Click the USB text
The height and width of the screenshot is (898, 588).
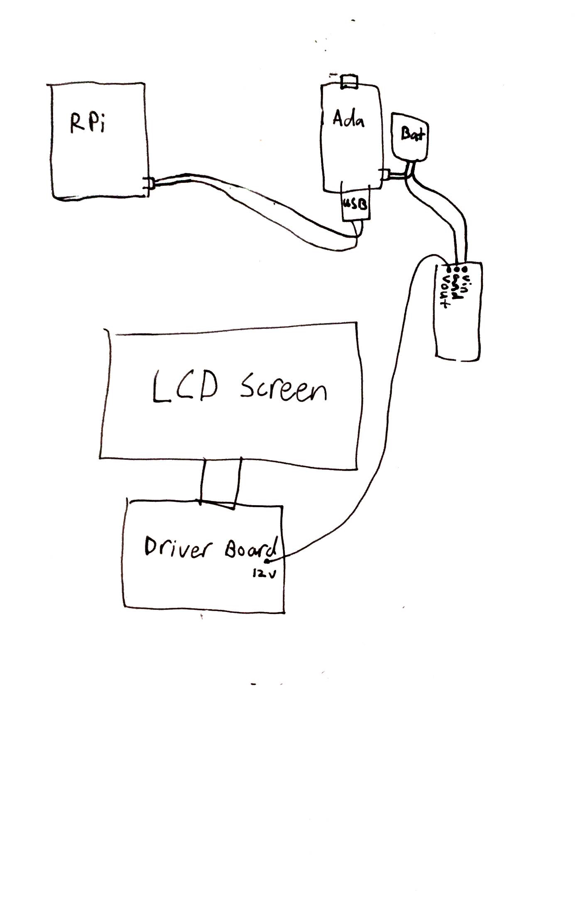coord(354,205)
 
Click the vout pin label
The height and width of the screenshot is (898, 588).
coord(446,289)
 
